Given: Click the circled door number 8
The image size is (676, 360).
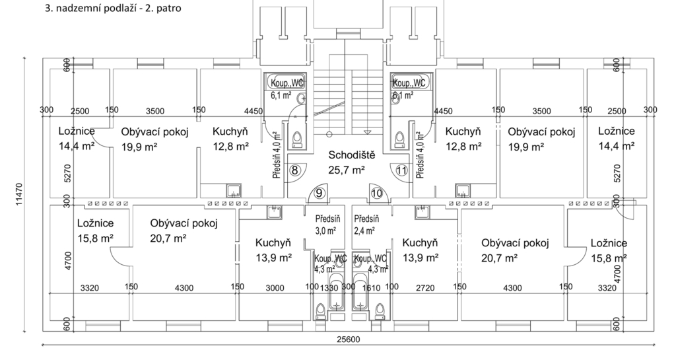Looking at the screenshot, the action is (295, 170).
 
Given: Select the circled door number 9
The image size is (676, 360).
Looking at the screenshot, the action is (319, 193).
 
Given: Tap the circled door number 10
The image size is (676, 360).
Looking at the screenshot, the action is (377, 193).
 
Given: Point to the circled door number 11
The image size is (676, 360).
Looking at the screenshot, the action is (401, 170).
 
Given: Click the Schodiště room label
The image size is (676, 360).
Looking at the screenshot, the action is (352, 155).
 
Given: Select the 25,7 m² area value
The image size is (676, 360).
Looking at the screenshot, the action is (347, 170).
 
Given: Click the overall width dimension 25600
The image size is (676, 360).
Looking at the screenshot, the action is (348, 340).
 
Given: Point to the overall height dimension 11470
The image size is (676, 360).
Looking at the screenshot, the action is (19, 194).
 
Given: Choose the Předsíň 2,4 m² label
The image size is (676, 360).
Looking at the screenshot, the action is (366, 225).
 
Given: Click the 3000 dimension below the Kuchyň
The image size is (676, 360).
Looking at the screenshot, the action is (275, 288).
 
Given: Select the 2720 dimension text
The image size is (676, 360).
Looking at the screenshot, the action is (425, 288).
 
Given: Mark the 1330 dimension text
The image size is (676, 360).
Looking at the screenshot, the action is (329, 288).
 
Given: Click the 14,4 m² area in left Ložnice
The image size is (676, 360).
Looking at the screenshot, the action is (77, 146).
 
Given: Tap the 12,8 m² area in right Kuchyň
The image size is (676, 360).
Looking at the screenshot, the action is (463, 147).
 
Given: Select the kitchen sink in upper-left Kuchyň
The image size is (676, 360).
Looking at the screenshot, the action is (234, 190).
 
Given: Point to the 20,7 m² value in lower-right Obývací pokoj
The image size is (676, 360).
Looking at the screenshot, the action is (499, 258).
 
